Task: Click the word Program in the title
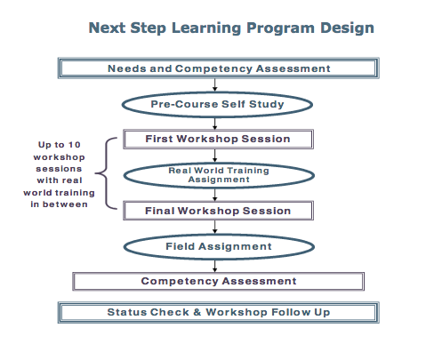coord(280,28)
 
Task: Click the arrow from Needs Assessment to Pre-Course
coord(215,85)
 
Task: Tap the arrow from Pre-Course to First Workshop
coord(215,124)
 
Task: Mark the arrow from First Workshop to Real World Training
coord(215,156)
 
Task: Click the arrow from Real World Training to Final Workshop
coord(215,195)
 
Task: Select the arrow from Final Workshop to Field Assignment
coord(215,227)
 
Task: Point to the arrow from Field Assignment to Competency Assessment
coord(215,266)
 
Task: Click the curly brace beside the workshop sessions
coord(107,173)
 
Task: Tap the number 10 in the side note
coord(75,145)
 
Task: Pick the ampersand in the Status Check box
coord(197,312)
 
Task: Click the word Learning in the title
coord(206,28)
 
